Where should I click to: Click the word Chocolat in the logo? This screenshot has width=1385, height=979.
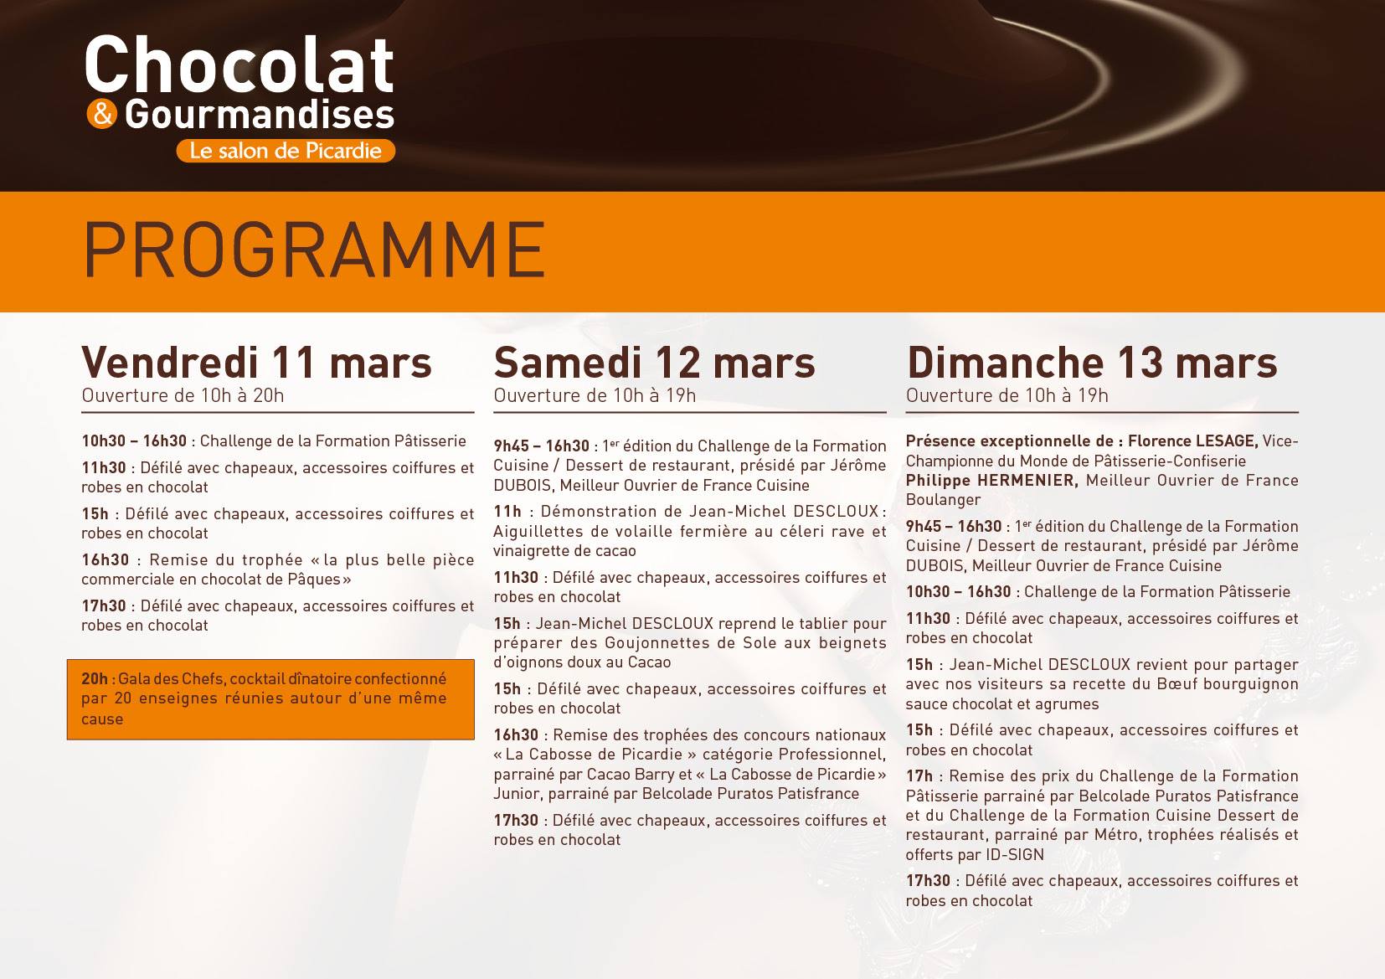pos(239,64)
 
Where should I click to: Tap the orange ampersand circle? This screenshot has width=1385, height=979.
pos(102,115)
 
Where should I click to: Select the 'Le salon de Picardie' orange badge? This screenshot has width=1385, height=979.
pos(286,151)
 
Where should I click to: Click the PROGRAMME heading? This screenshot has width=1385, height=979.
pos(315,250)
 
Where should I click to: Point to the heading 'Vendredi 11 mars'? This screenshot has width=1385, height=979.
pos(256,363)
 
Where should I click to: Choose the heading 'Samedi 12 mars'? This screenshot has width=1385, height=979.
pos(654,363)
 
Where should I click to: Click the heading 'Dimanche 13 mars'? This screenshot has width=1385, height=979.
pos(1092,363)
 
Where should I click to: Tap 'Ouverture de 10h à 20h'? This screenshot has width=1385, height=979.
pos(183,396)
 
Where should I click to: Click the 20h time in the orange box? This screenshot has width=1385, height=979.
pos(95,678)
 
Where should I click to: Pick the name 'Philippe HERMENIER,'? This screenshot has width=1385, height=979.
pos(991,481)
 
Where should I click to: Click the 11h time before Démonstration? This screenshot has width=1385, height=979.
pos(507,512)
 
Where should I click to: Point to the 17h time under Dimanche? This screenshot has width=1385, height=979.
pos(919,776)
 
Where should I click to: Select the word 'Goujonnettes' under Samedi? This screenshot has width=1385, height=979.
pos(657,643)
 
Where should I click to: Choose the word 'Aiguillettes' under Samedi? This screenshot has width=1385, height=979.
pos(538,532)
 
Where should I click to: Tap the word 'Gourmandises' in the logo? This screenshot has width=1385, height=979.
pos(260,115)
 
